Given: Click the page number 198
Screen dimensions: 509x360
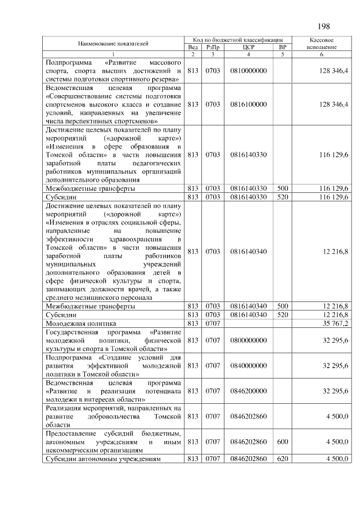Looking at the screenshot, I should [324, 26].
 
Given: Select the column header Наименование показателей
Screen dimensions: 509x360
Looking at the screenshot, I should [113, 43].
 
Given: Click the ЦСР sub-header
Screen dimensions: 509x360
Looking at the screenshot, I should [248, 47].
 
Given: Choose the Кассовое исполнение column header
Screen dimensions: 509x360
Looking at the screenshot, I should [322, 44].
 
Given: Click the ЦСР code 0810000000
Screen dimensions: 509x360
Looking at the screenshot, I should [248, 70].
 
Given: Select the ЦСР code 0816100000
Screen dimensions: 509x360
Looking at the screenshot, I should [248, 104].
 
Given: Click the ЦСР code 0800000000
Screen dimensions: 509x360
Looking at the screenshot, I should [248, 340].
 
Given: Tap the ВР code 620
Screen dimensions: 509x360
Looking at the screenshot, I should [282, 458].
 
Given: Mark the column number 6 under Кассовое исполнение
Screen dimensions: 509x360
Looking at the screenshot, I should [322, 54].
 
